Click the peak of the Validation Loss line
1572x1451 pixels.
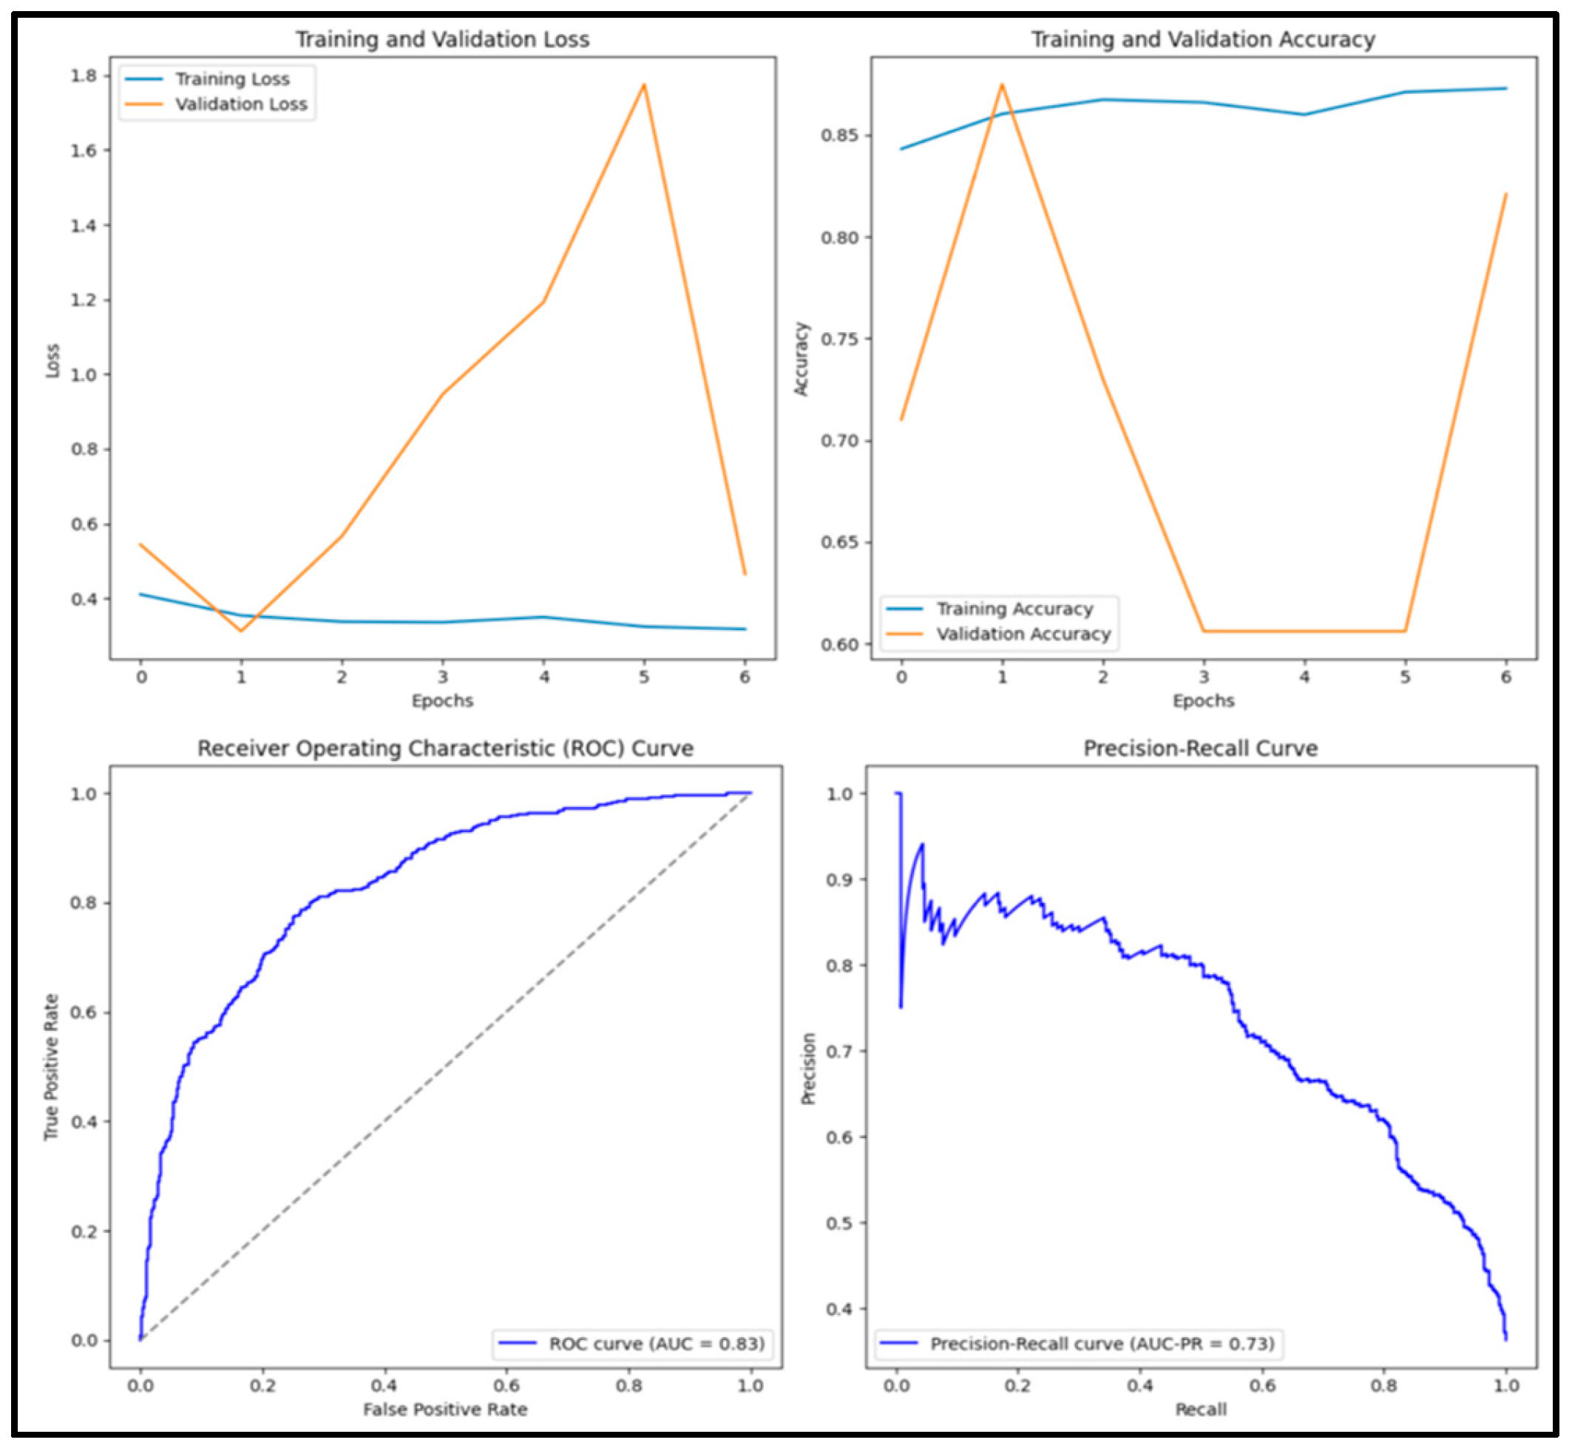click(644, 85)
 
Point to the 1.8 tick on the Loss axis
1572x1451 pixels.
click(84, 76)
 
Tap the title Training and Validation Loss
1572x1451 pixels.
click(442, 39)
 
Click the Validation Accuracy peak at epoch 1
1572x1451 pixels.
click(1002, 85)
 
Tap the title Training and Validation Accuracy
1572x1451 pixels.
click(1202, 39)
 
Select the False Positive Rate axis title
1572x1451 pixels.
click(445, 1410)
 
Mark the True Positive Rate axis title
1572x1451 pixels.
click(52, 1067)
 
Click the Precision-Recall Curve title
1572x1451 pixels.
click(1200, 748)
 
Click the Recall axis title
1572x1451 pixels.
click(1200, 1410)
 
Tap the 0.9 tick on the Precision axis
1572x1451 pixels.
click(839, 879)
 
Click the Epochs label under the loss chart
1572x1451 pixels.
click(442, 700)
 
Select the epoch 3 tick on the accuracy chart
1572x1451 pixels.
click(1204, 677)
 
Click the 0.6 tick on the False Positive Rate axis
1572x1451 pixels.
click(507, 1386)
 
